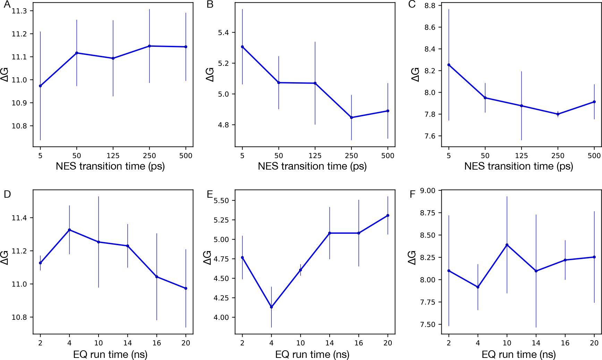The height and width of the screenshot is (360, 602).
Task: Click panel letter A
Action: [7, 5]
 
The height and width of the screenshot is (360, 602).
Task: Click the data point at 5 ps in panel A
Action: [40, 86]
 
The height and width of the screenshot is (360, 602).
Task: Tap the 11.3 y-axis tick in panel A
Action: [19, 11]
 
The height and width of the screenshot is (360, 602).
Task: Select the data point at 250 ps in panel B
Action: [351, 118]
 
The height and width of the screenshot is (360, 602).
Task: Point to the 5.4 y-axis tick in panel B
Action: [223, 33]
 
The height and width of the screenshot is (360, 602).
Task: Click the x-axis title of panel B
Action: [312, 166]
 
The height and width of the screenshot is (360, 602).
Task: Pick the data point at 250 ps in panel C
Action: [558, 114]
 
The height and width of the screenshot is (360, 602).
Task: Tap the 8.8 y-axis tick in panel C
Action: [430, 6]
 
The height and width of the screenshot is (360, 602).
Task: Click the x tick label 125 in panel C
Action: [521, 156]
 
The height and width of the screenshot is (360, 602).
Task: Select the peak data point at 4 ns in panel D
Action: [69, 230]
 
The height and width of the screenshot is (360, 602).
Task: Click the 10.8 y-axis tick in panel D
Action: [19, 317]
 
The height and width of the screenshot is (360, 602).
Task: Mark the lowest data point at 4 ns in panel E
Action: [271, 307]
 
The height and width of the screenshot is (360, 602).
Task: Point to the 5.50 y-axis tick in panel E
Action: [221, 200]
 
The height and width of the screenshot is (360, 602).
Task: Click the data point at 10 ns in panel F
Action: [507, 245]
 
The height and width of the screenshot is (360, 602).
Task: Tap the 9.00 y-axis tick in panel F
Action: [427, 190]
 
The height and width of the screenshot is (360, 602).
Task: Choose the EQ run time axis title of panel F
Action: [518, 354]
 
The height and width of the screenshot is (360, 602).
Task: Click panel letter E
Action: [210, 194]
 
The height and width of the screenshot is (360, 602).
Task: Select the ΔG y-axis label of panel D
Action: [5, 258]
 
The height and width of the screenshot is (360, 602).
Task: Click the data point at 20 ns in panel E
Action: [388, 215]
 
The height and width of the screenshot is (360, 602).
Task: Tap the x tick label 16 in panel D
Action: [156, 343]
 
